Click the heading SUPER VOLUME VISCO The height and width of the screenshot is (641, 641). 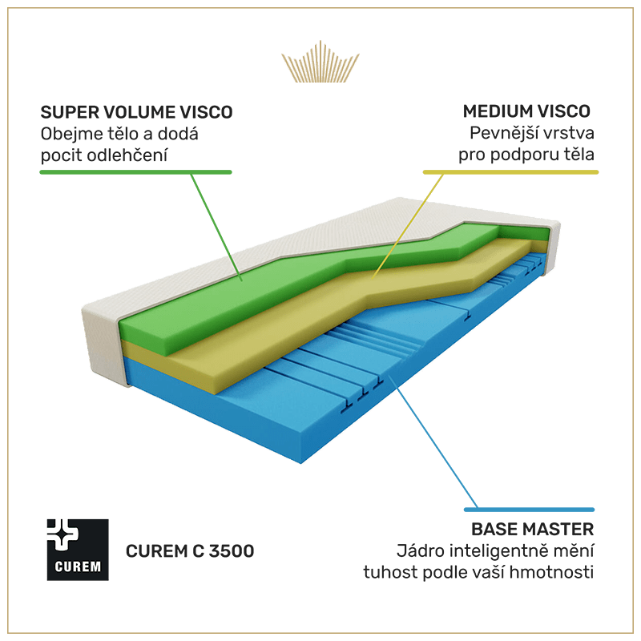pyautogui.click(x=136, y=112)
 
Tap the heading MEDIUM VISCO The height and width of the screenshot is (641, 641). pyautogui.click(x=526, y=111)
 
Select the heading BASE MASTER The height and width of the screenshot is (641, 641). pyautogui.click(x=532, y=530)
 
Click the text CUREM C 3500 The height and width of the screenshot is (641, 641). pyautogui.click(x=190, y=551)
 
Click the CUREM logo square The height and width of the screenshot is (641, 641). pyautogui.click(x=78, y=549)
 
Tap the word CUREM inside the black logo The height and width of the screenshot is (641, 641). pyautogui.click(x=78, y=567)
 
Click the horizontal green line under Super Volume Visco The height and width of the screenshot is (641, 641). pyautogui.click(x=136, y=171)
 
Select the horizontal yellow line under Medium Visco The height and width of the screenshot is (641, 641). pyautogui.click(x=510, y=171)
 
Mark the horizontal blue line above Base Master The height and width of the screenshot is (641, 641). pyautogui.click(x=530, y=509)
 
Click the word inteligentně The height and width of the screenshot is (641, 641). pyautogui.click(x=503, y=551)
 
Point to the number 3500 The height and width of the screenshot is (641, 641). pyautogui.click(x=232, y=551)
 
